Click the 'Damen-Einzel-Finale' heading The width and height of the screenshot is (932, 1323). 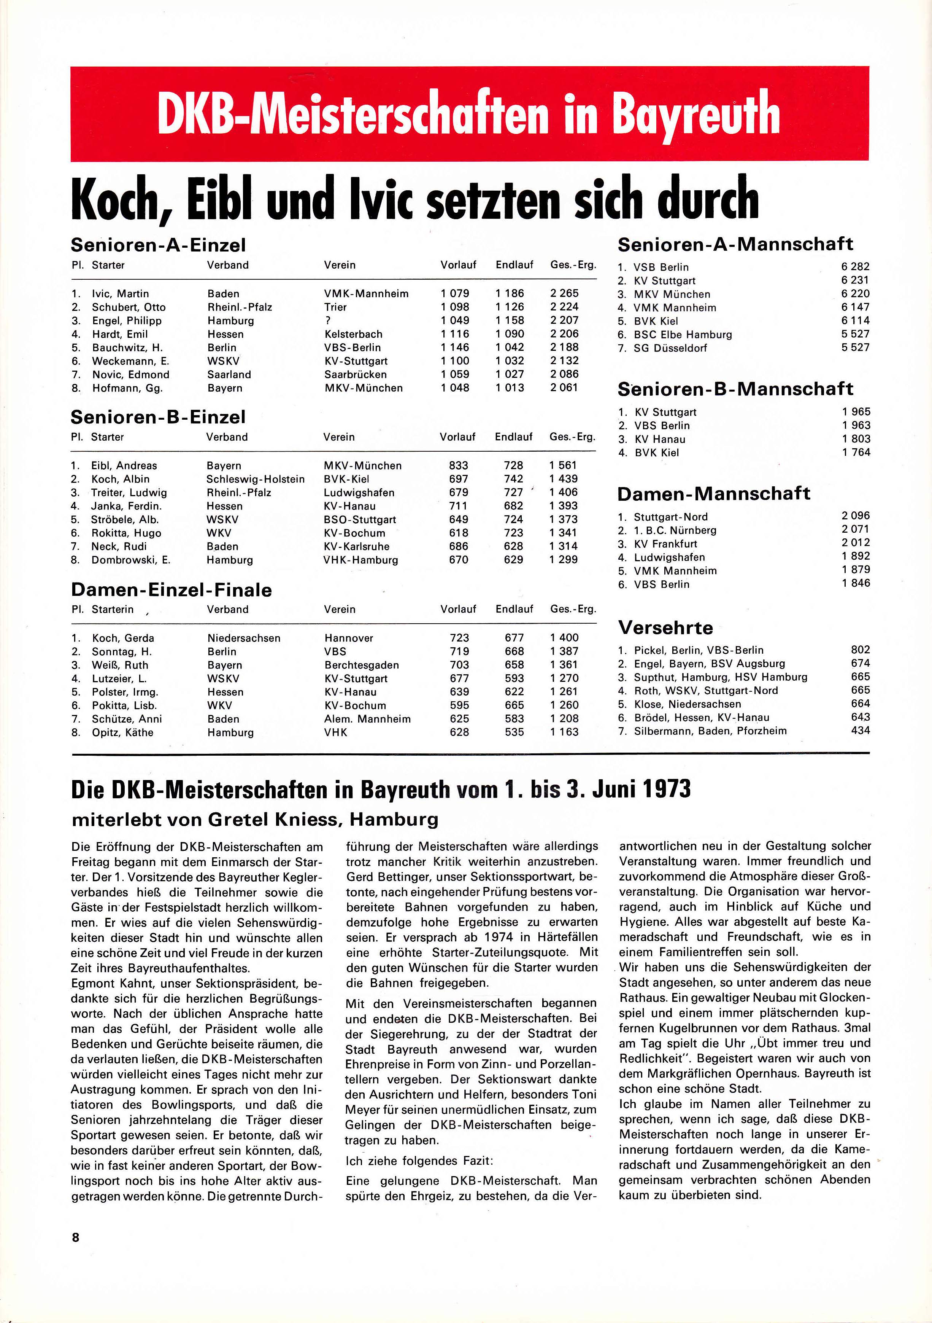tap(171, 590)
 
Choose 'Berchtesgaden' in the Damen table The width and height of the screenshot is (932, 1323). tap(361, 665)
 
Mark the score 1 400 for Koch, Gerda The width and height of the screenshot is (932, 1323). tap(564, 638)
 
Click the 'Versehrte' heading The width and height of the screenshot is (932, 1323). tap(665, 627)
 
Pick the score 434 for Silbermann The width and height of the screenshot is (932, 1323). tap(860, 731)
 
